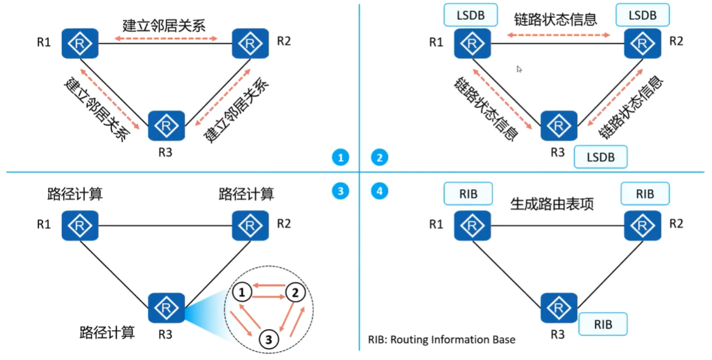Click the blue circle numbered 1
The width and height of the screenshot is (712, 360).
click(x=340, y=158)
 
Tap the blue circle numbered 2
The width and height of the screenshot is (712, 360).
click(x=378, y=158)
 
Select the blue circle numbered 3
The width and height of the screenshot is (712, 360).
click(x=340, y=190)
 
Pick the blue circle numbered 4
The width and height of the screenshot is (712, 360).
click(x=378, y=190)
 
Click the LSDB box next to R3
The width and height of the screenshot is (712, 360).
click(x=600, y=156)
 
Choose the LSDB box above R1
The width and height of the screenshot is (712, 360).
click(x=470, y=15)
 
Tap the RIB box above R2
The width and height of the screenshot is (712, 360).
click(x=645, y=194)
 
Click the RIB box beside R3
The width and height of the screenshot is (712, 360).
click(x=603, y=324)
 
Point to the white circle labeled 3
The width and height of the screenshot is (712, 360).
click(x=269, y=338)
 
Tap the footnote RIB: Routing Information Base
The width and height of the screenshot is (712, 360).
click(x=442, y=340)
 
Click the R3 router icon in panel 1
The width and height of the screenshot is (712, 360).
click(x=166, y=125)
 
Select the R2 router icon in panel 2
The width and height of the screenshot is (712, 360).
click(x=642, y=44)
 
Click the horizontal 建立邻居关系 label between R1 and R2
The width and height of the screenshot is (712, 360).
click(x=164, y=26)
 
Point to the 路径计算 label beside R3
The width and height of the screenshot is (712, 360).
click(x=107, y=332)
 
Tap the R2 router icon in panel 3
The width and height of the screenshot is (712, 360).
click(x=251, y=225)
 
